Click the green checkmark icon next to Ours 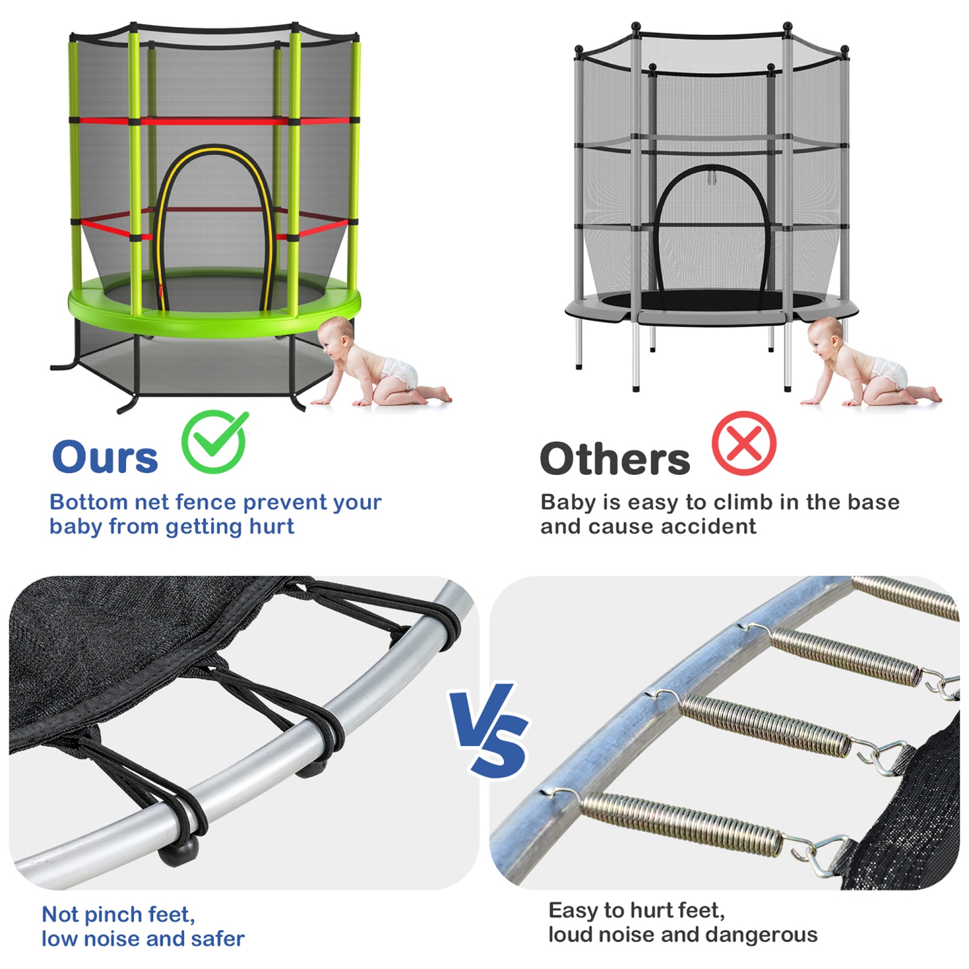[214, 442]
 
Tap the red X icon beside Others [744, 444]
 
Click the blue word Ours [105, 457]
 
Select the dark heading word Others [614, 459]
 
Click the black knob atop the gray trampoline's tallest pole [787, 26]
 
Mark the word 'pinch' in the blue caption [114, 915]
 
